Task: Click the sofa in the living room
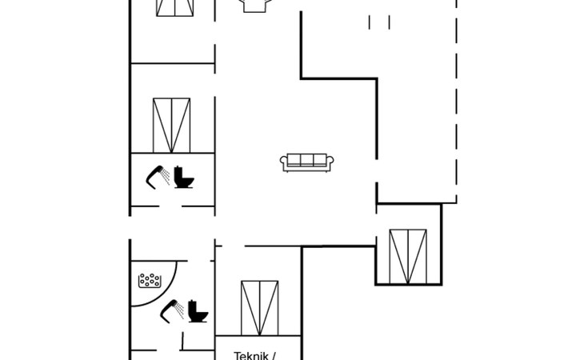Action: point(306,162)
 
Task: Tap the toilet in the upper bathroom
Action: point(185,177)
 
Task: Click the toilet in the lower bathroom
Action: point(199,312)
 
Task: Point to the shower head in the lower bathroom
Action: point(170,310)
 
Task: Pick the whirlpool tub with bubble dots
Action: point(150,281)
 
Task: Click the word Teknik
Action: point(249,355)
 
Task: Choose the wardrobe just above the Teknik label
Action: point(259,307)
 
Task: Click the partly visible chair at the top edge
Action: point(254,6)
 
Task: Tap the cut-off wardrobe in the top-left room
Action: point(175,7)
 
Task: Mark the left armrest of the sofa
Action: point(284,163)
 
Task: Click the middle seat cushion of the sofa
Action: point(306,160)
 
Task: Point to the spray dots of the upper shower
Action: point(163,173)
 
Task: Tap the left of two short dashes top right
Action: point(370,22)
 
